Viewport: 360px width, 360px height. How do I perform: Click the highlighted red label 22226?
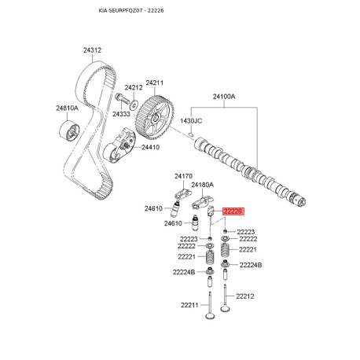tap(233, 211)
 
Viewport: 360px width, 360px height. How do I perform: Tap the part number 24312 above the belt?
tap(92, 50)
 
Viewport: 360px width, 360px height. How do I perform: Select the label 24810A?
tap(67, 108)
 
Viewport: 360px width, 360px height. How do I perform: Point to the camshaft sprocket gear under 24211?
tap(155, 118)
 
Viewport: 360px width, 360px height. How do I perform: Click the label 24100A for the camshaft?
tap(224, 97)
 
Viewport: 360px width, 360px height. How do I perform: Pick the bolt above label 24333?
tap(122, 98)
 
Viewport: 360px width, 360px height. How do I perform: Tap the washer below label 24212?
tap(134, 105)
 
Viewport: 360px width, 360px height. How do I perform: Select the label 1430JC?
tap(191, 121)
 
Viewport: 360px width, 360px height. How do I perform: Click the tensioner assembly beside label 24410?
tap(119, 145)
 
